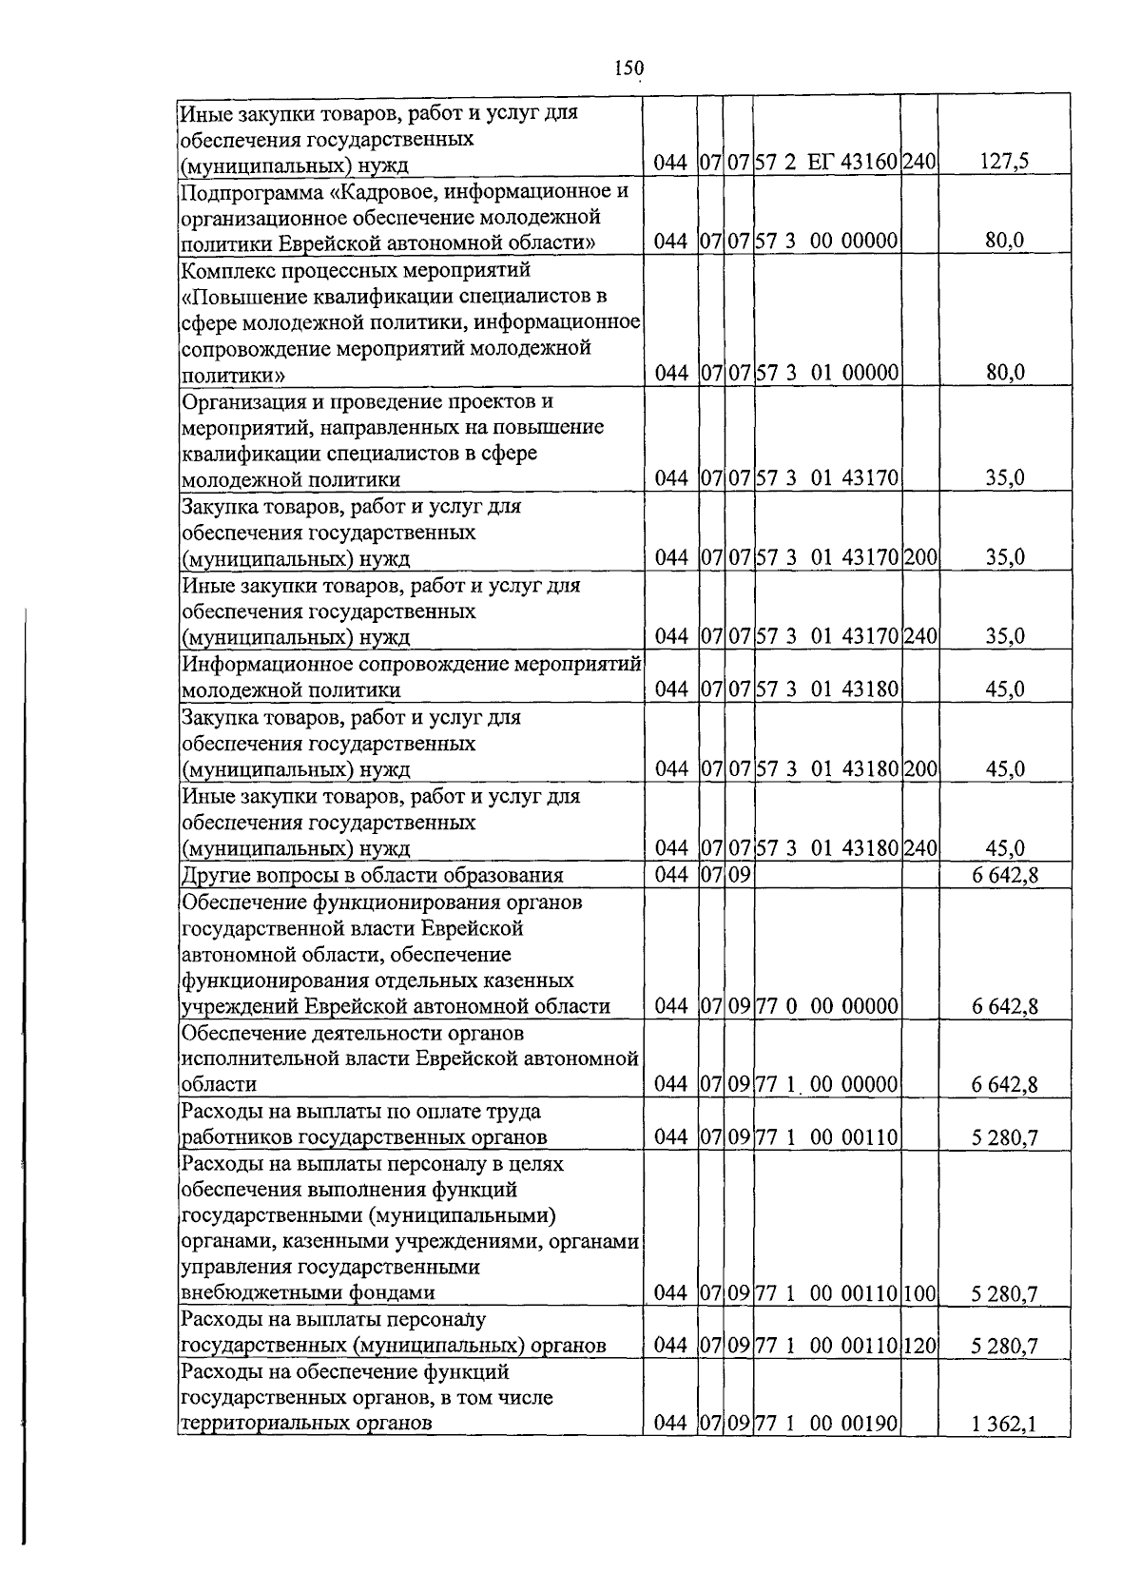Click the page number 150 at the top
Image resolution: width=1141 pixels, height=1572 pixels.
tap(629, 68)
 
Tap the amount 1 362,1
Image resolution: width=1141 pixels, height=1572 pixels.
tap(1004, 1424)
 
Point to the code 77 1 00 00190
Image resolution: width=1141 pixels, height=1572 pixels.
tap(827, 1424)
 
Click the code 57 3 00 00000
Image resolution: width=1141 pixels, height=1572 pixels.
tap(827, 242)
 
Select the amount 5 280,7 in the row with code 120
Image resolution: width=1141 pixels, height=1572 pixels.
tap(1004, 1346)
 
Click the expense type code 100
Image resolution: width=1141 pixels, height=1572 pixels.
tap(919, 1293)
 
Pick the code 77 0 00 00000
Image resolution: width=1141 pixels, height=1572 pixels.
tap(827, 1006)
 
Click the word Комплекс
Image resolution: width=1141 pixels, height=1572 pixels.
tap(222, 270)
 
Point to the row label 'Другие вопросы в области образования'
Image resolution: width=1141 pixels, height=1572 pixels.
tap(372, 876)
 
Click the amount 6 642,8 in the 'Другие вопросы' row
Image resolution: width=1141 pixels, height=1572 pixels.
tap(1004, 876)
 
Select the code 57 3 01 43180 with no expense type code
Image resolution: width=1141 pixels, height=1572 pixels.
tap(827, 689)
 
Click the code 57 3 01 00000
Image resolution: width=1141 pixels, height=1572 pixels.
tap(827, 373)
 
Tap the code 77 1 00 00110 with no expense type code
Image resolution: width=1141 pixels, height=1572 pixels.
tap(827, 1136)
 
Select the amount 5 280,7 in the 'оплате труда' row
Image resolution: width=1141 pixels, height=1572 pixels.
tap(1004, 1136)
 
